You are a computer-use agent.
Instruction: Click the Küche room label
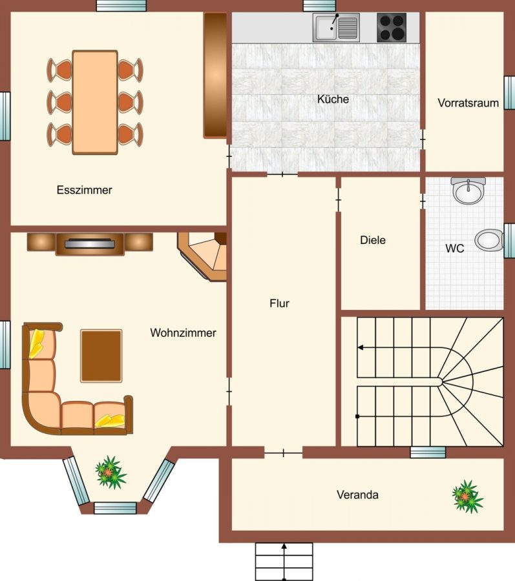[333, 99]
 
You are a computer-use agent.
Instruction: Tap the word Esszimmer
[84, 190]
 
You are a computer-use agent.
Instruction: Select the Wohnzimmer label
[183, 332]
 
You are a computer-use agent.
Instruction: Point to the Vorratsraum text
[468, 103]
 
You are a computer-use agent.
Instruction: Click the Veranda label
[357, 494]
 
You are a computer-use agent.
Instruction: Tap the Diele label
[373, 240]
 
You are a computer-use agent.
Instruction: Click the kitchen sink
[336, 27]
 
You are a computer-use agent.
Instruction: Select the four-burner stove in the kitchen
[392, 27]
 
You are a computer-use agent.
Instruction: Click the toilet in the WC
[489, 240]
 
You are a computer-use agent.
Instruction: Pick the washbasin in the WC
[468, 190]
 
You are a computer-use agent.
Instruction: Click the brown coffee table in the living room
[101, 356]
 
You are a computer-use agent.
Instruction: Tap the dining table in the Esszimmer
[95, 102]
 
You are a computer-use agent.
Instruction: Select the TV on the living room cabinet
[89, 243]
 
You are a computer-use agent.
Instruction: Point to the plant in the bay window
[110, 473]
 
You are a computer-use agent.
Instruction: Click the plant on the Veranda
[468, 497]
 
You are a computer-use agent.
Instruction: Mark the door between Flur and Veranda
[283, 453]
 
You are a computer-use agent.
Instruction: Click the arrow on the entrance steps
[284, 562]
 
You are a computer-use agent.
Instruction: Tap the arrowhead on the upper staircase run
[360, 347]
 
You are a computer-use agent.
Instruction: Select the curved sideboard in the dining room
[215, 76]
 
